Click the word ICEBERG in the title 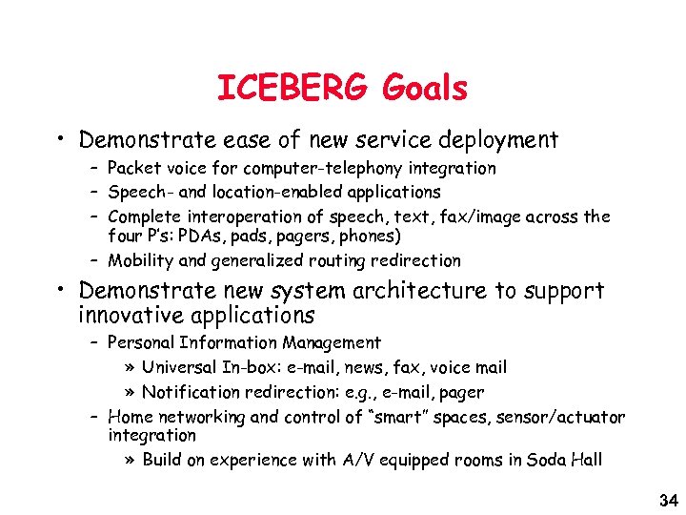[x=292, y=89]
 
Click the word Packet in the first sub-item [x=133, y=169]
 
